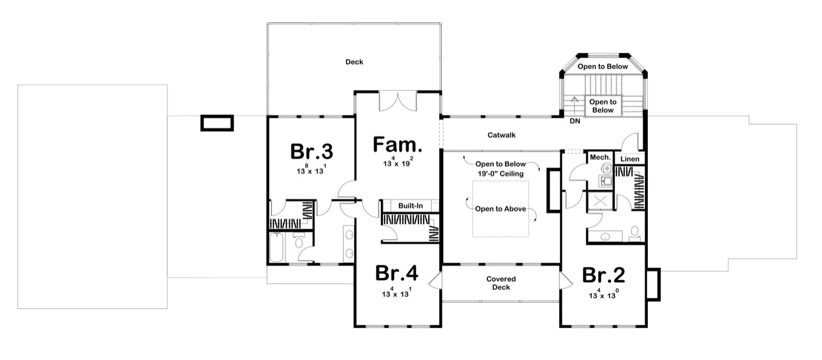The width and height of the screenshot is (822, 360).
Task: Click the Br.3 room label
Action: pos(311,151)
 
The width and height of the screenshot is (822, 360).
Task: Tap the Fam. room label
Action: pos(397,145)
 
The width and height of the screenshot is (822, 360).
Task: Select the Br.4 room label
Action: pos(397,274)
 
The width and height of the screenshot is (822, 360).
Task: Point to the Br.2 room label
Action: pos(604,275)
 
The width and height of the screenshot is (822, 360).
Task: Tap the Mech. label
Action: pos(600,157)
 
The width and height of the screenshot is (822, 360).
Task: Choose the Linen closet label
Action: pos(630,159)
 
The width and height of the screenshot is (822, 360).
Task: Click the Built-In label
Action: pos(410,206)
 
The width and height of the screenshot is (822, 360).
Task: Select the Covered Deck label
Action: pos(501,283)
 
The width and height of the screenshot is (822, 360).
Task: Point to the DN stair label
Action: pos(575,121)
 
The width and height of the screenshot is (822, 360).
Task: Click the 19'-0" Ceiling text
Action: pos(501,173)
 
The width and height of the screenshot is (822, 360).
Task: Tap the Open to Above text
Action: pos(500,209)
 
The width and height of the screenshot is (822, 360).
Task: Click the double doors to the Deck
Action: pos(397,101)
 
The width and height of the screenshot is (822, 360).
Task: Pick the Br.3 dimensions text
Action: pos(311,170)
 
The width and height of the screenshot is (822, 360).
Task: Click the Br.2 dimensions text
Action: pos(603,295)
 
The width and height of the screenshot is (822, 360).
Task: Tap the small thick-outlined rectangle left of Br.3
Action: pos(217,123)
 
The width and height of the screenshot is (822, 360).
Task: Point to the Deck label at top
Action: pos(354,62)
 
